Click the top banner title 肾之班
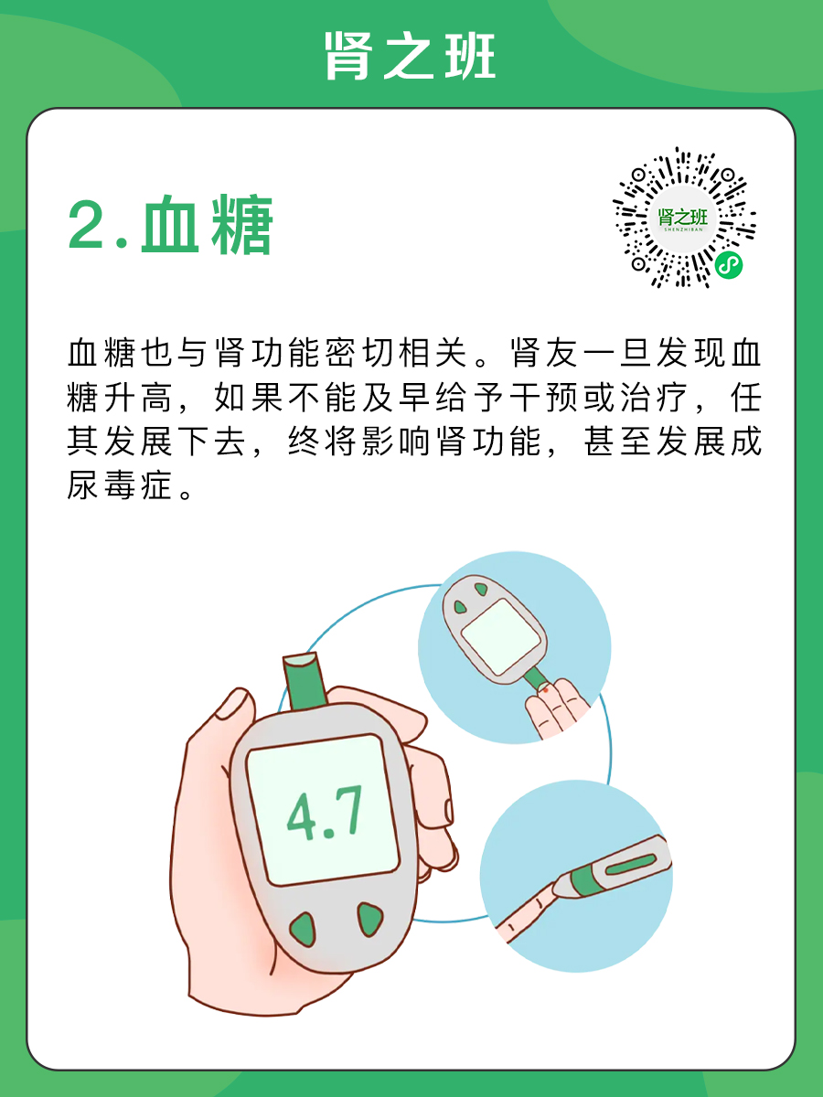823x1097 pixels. (x=410, y=56)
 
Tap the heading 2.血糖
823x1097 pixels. (x=171, y=224)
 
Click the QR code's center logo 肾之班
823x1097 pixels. (x=683, y=218)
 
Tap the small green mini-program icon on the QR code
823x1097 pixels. (x=728, y=265)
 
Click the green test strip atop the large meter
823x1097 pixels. (x=304, y=681)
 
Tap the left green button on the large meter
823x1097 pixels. (x=304, y=930)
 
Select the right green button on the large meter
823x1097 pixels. (x=369, y=919)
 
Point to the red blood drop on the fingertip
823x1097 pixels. (x=546, y=690)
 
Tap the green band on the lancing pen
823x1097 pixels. (x=583, y=882)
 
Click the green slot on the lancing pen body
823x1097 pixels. (x=631, y=864)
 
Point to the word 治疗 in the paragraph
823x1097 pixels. (x=655, y=398)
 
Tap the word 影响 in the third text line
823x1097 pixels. (x=398, y=442)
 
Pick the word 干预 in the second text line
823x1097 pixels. (x=544, y=398)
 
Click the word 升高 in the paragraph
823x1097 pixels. (x=138, y=398)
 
